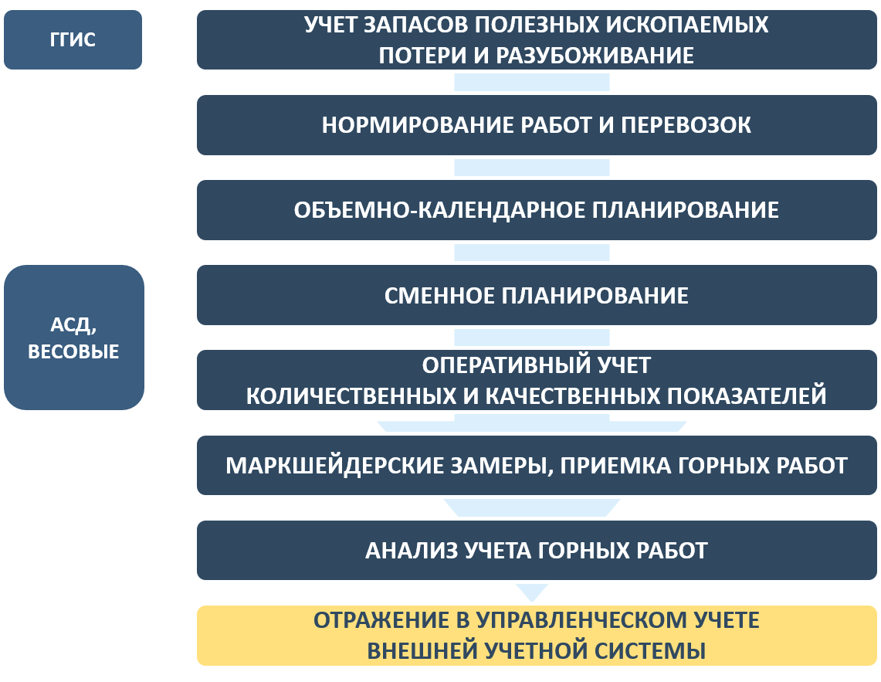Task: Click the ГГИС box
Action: tap(73, 40)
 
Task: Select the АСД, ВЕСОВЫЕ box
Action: tap(74, 338)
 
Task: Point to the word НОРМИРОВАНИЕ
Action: tap(418, 125)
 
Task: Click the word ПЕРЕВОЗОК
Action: tap(686, 125)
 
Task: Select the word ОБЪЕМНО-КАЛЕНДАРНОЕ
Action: tap(438, 210)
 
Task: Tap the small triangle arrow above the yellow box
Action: tap(532, 592)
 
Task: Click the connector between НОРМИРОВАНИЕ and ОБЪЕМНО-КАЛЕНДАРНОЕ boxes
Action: tap(531, 168)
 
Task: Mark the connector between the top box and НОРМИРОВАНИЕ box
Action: tap(531, 82)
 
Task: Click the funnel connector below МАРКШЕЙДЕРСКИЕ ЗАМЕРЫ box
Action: tap(531, 507)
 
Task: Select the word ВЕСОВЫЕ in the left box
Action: tap(73, 351)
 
